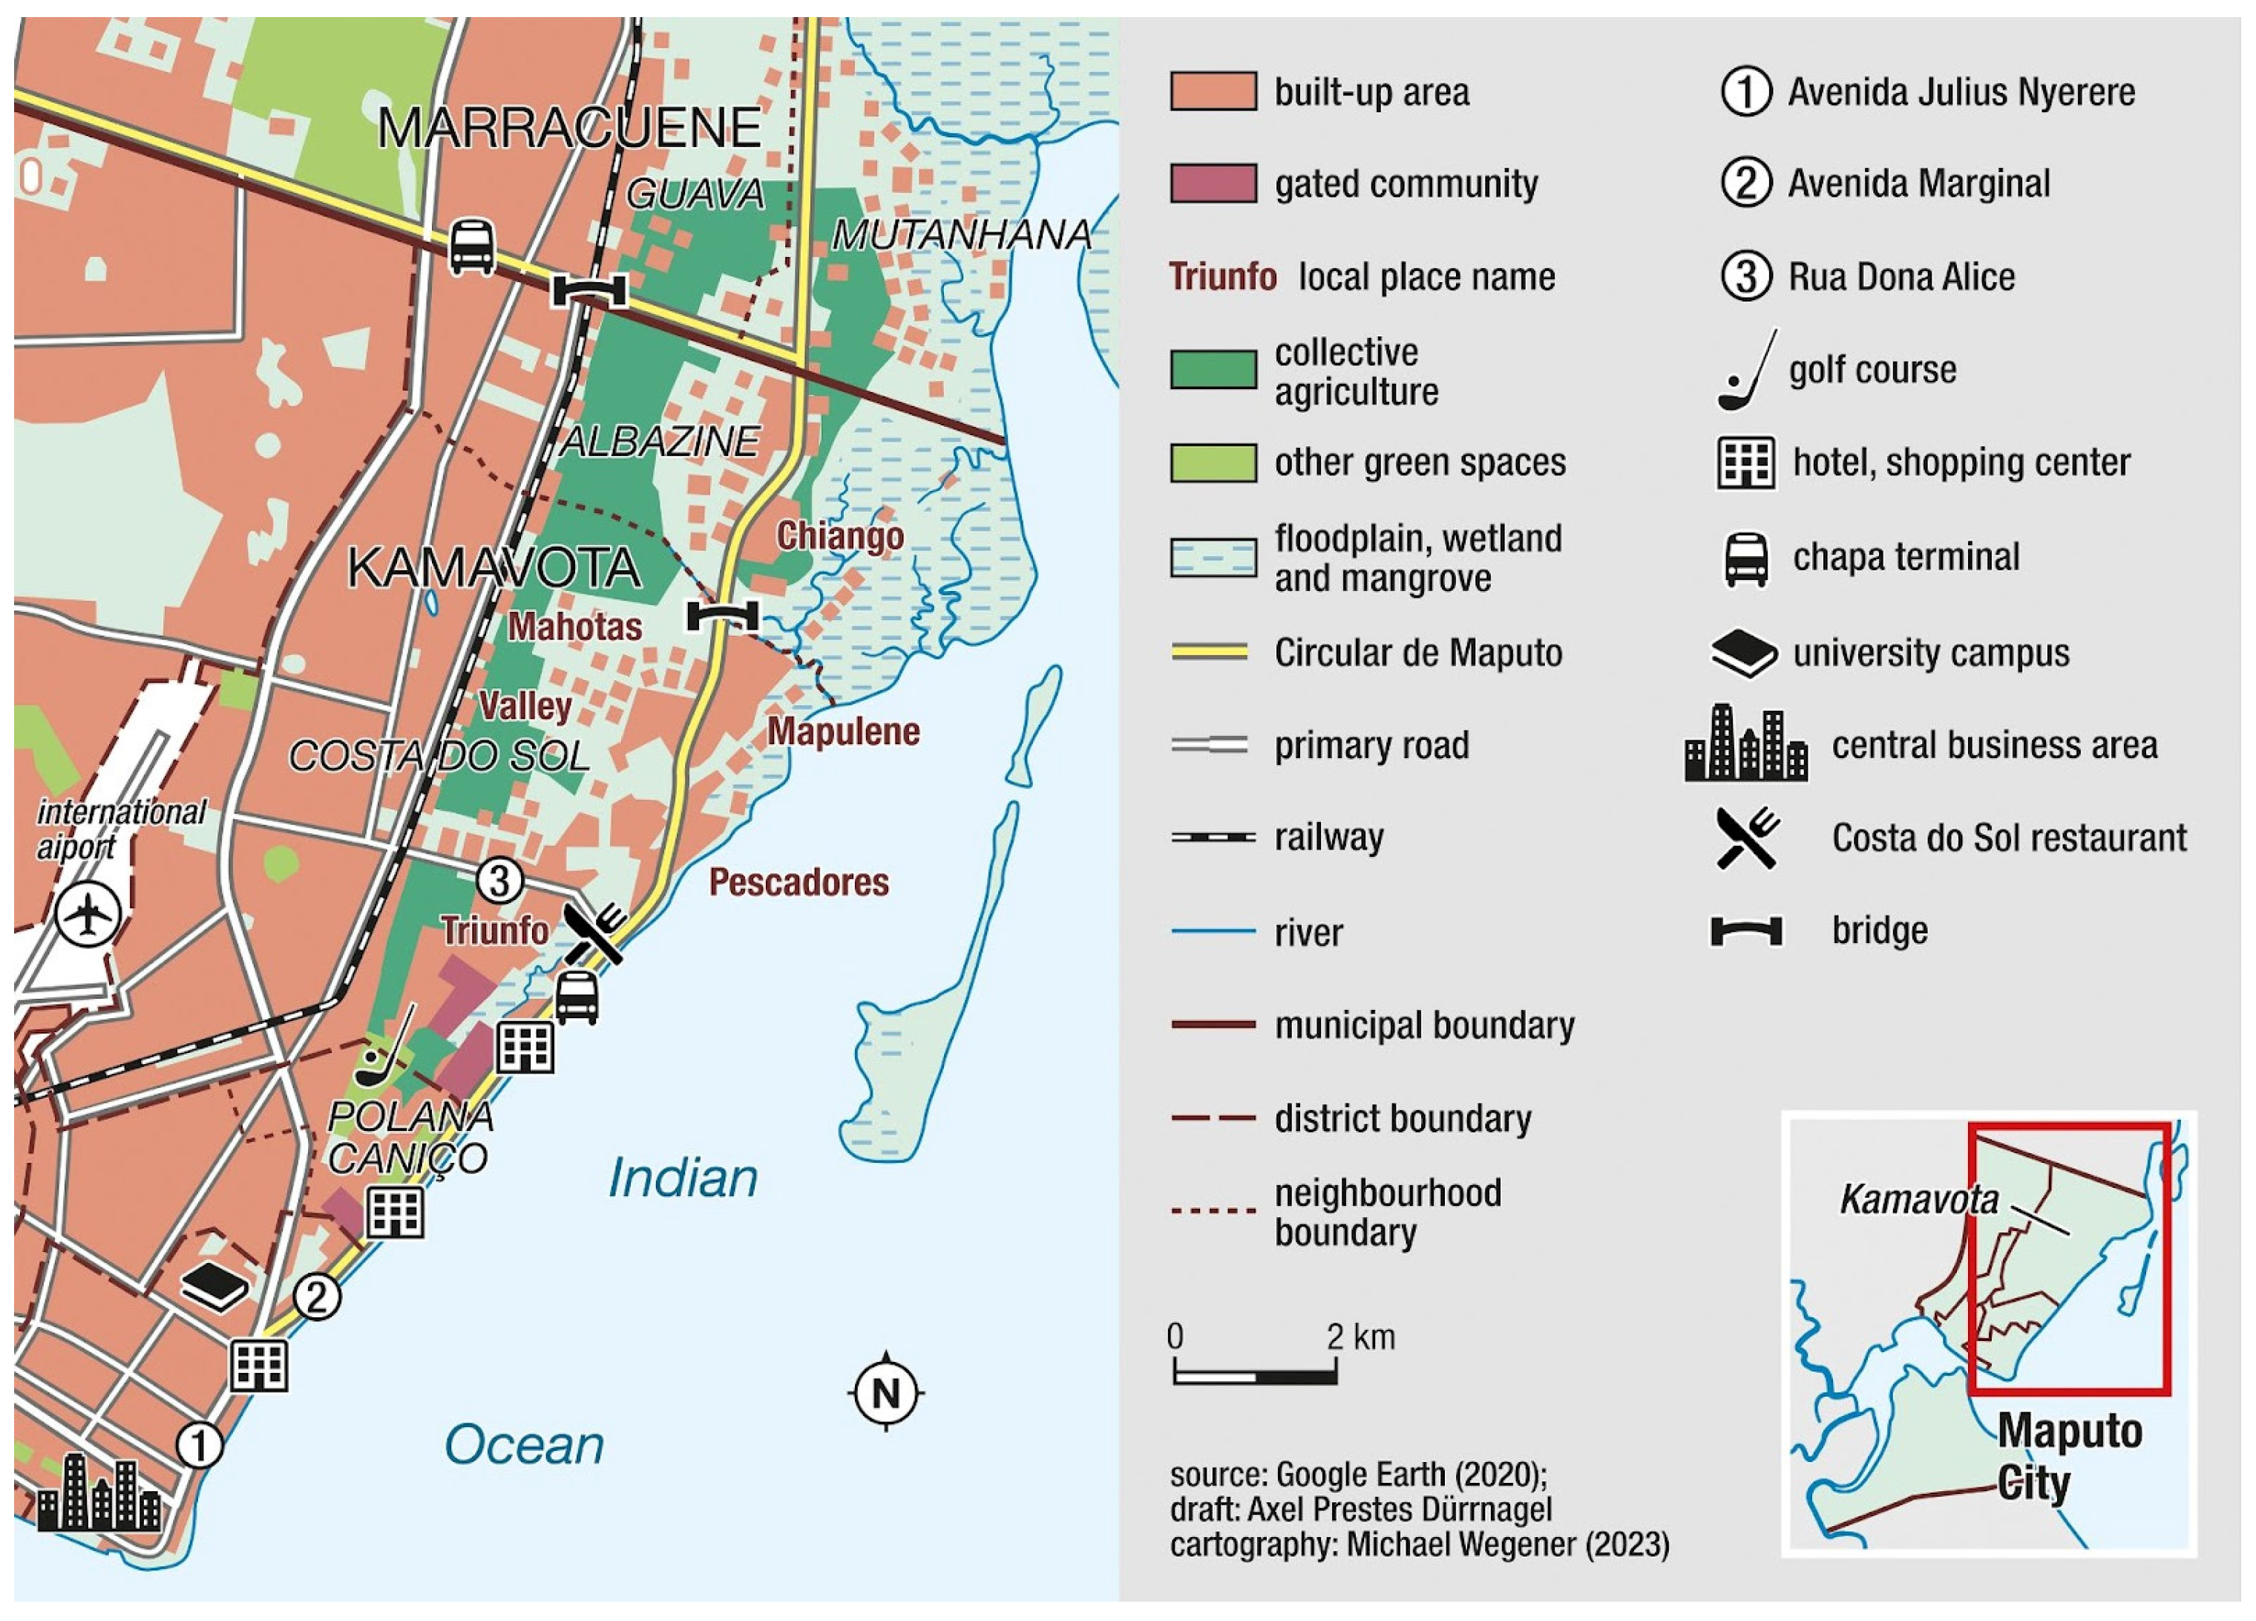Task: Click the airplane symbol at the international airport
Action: (x=88, y=915)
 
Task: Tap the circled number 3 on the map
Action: (x=499, y=881)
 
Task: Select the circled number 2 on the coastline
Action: (x=316, y=1297)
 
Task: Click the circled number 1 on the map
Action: (x=199, y=1445)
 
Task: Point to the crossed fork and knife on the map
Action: (x=595, y=933)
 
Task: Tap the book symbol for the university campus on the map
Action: (x=214, y=1287)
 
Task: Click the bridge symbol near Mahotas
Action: (x=722, y=616)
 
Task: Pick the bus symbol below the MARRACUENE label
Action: (x=471, y=246)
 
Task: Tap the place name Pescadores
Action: (x=799, y=881)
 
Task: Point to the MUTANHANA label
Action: (x=961, y=235)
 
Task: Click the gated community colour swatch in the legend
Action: (x=1213, y=184)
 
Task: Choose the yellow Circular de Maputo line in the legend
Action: (x=1210, y=653)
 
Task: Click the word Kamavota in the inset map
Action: (x=1918, y=1199)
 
